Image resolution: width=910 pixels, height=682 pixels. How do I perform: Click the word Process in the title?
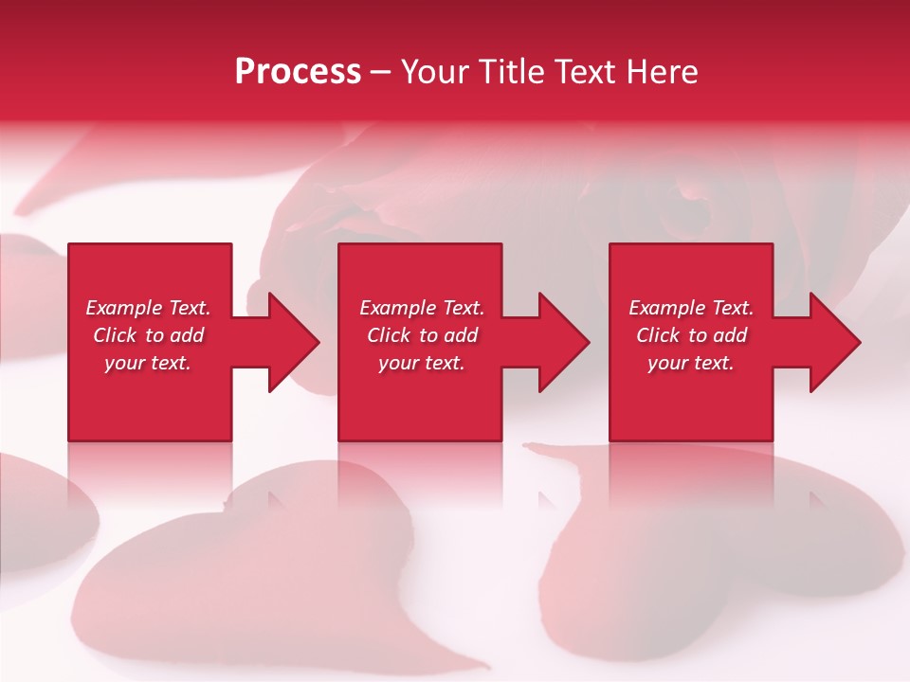[298, 72]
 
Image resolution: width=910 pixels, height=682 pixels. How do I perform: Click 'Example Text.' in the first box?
[148, 308]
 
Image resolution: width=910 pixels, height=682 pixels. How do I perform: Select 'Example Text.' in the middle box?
[421, 308]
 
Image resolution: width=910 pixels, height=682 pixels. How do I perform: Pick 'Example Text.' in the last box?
[691, 308]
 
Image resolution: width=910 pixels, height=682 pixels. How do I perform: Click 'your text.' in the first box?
[148, 363]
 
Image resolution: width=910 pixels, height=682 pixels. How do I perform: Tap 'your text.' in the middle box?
[421, 363]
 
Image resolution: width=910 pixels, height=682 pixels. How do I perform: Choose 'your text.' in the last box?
[691, 363]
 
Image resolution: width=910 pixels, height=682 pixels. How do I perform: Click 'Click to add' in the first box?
[148, 335]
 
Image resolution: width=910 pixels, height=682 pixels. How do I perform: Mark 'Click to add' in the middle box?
[421, 335]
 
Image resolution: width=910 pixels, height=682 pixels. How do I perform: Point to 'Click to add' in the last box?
[691, 335]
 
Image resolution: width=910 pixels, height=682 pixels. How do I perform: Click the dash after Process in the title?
[380, 73]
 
